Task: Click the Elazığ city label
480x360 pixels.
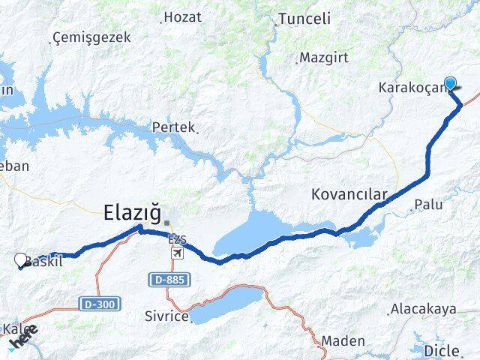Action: pyautogui.click(x=132, y=214)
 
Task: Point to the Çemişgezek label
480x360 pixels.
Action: pyautogui.click(x=92, y=37)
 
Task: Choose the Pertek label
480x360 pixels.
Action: pyautogui.click(x=173, y=127)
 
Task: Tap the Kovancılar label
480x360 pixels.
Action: pyautogui.click(x=349, y=195)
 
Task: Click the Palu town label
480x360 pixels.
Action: pyautogui.click(x=429, y=204)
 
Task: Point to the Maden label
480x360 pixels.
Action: pyautogui.click(x=343, y=341)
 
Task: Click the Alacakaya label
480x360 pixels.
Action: pyautogui.click(x=424, y=309)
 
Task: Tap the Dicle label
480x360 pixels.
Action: pyautogui.click(x=442, y=350)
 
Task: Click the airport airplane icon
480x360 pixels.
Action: pyautogui.click(x=177, y=252)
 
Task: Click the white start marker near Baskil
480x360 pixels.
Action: pyautogui.click(x=20, y=260)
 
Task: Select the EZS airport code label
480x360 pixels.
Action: pyautogui.click(x=178, y=239)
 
